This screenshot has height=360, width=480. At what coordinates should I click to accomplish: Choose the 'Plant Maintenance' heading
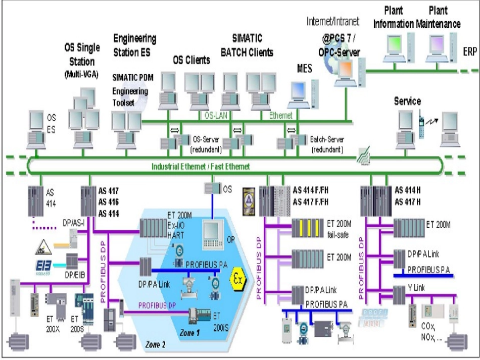click(x=439, y=17)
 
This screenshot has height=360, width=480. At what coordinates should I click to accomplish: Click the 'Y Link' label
click(x=418, y=288)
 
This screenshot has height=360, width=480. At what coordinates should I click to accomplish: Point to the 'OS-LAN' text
click(x=216, y=116)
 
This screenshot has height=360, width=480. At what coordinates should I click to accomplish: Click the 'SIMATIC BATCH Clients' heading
click(x=253, y=45)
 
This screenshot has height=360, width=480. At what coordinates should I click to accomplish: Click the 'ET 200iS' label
click(x=219, y=321)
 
